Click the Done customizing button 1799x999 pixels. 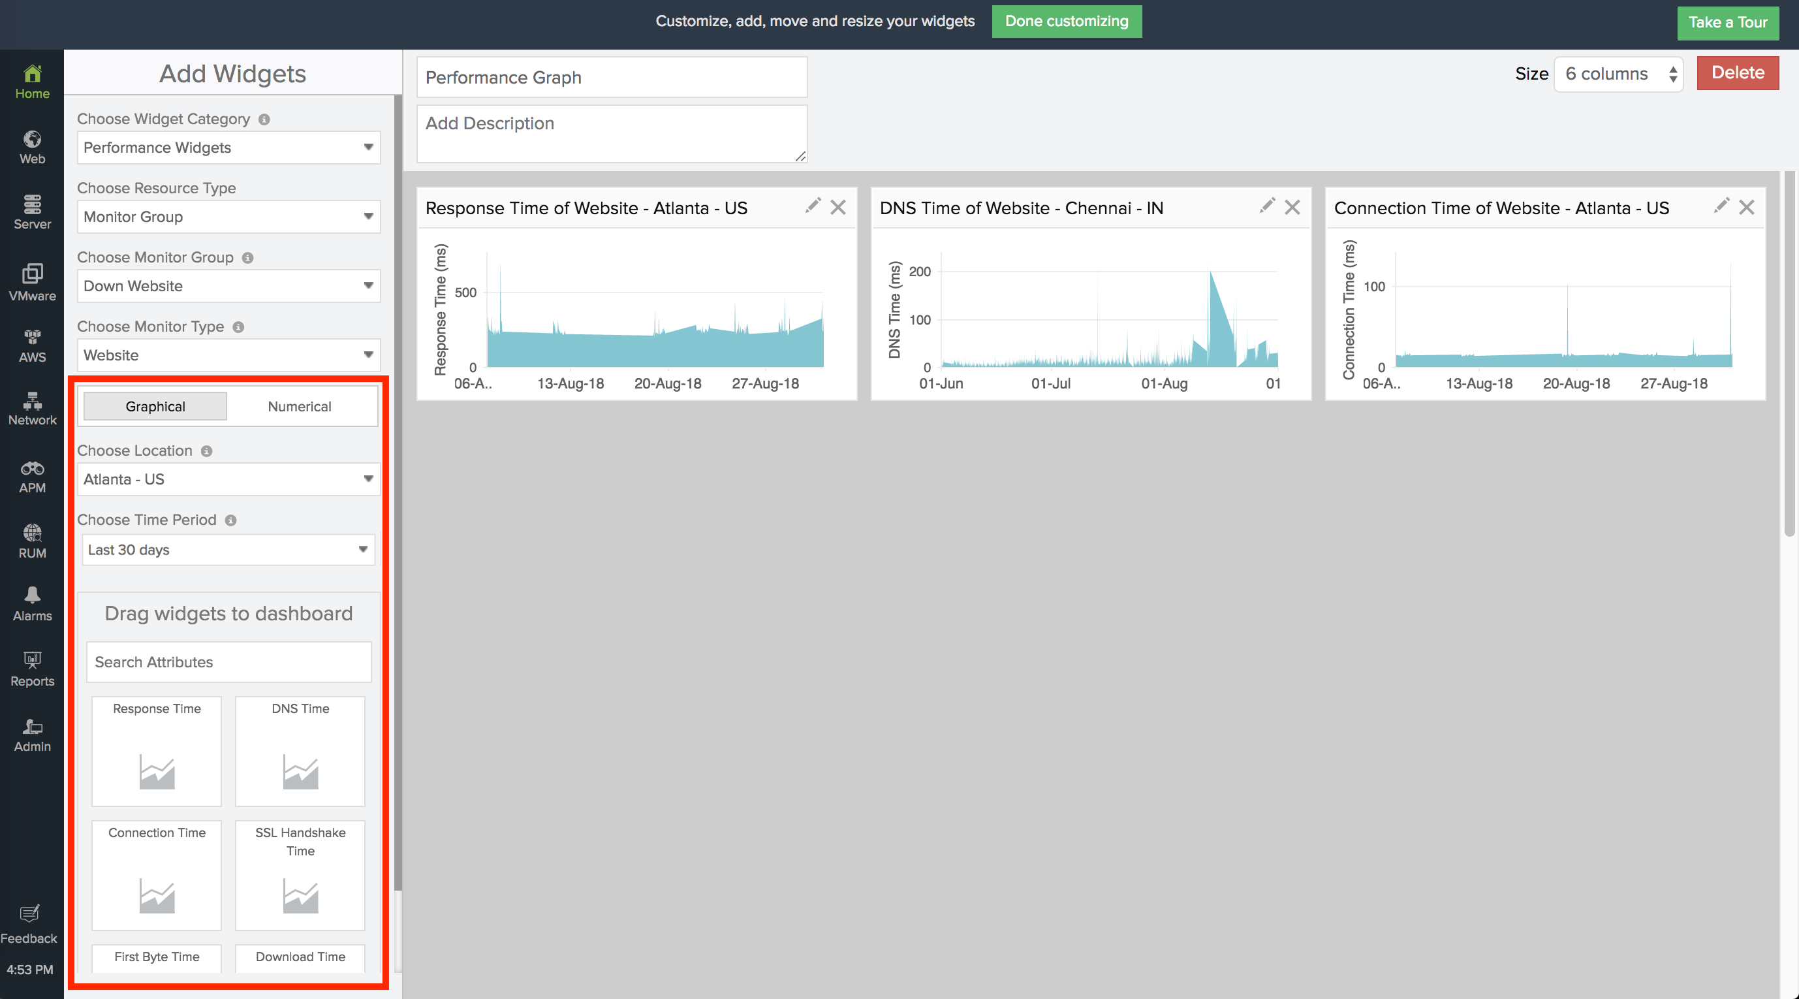coord(1067,22)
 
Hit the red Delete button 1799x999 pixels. coord(1737,73)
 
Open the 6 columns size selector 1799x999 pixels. coord(1618,74)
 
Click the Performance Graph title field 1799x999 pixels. coord(611,78)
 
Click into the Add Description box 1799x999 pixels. coord(611,133)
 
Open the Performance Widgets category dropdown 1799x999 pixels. coord(228,148)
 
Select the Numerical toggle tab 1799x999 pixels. coord(300,407)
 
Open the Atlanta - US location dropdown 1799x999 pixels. coord(228,479)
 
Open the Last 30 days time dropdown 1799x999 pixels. coord(228,550)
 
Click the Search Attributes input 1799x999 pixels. coord(228,662)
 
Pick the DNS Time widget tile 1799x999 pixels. coord(300,752)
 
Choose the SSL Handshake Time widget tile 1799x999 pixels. coord(300,876)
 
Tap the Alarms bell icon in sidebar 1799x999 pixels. coord(32,595)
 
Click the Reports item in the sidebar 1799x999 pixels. coord(32,669)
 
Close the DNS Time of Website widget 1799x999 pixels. coord(1292,208)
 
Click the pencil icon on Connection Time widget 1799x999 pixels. coord(1721,206)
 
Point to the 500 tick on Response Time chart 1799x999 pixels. coord(466,293)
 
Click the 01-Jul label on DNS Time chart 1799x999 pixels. coord(1050,383)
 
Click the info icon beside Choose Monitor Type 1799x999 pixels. coord(238,327)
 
